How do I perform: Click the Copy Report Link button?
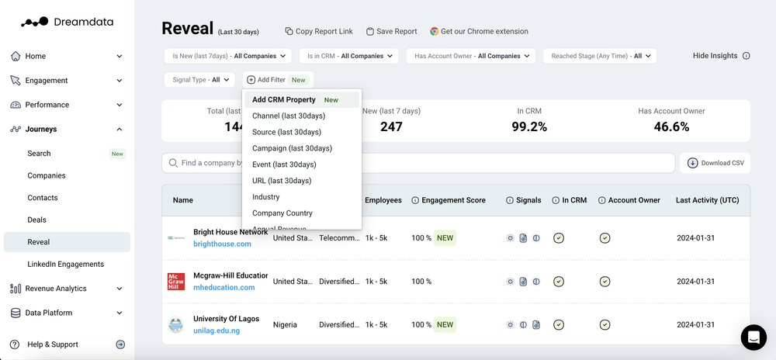(x=319, y=32)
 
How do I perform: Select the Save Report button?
(x=391, y=32)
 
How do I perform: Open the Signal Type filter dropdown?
(x=199, y=80)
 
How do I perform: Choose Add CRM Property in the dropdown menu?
(x=284, y=100)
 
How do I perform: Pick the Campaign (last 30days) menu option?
(x=292, y=148)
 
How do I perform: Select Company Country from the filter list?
(x=282, y=213)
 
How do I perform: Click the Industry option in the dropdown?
(x=266, y=197)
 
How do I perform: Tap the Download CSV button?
(x=715, y=163)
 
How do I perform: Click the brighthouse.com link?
(x=223, y=244)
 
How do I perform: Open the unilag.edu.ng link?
(x=217, y=331)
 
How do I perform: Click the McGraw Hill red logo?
(x=176, y=282)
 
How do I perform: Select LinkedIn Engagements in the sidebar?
(x=65, y=265)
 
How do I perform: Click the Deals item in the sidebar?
(x=37, y=220)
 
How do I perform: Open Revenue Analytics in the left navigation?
(x=56, y=289)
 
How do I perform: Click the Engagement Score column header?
(x=453, y=200)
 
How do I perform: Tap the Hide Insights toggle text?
(x=715, y=56)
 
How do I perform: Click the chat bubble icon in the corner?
(x=753, y=337)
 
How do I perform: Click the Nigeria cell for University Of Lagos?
(x=285, y=325)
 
